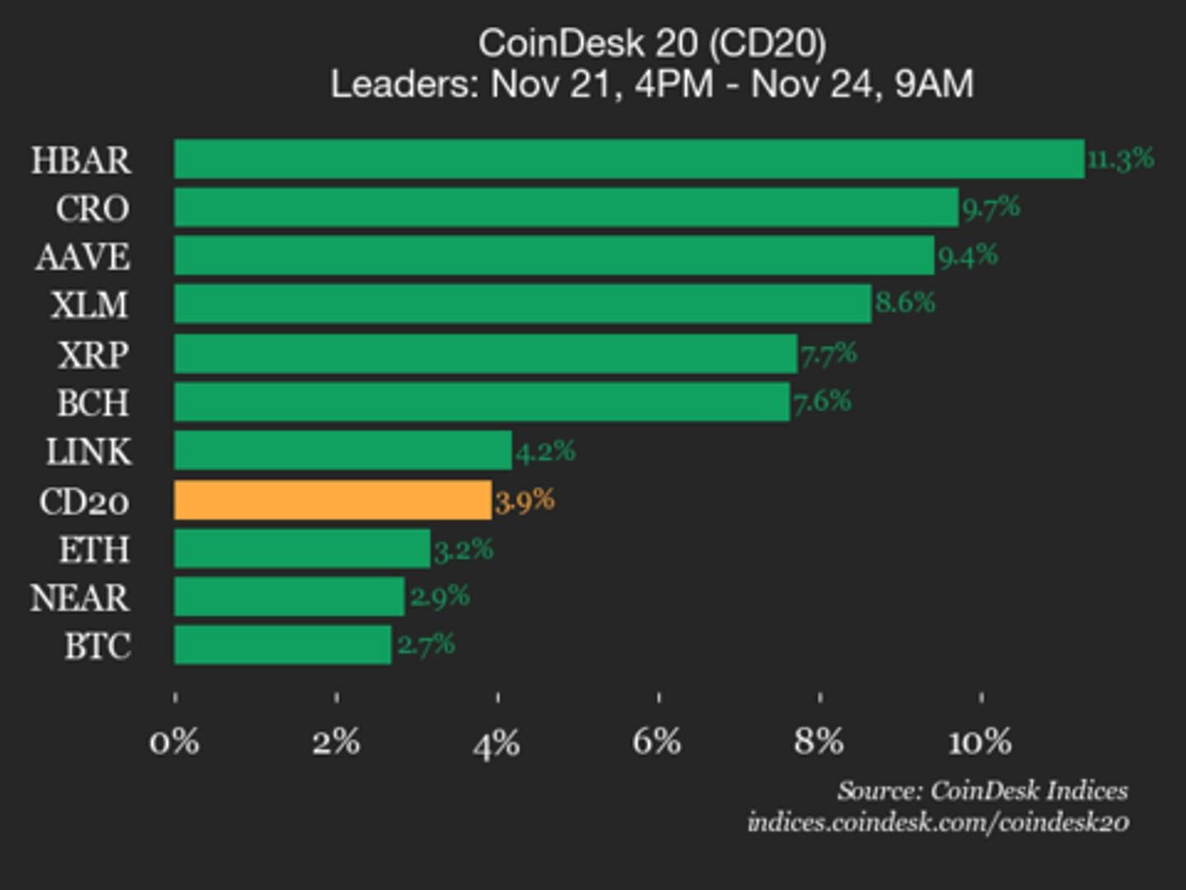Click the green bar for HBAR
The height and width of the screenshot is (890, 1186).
pyautogui.click(x=628, y=159)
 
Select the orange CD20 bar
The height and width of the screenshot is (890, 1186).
pyautogui.click(x=333, y=500)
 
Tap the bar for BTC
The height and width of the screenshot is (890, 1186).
pyautogui.click(x=282, y=645)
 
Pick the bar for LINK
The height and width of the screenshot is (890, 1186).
pyautogui.click(x=343, y=451)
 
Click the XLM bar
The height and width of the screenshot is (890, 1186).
pyautogui.click(x=522, y=304)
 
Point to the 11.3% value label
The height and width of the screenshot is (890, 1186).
pyautogui.click(x=1120, y=158)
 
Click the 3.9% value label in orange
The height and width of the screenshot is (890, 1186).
pyautogui.click(x=525, y=500)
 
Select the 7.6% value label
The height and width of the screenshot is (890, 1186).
pyautogui.click(x=822, y=402)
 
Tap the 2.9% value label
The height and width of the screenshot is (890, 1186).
pyautogui.click(x=440, y=596)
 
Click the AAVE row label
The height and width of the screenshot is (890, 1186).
pyautogui.click(x=82, y=256)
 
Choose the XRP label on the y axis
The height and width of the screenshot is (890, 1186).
pyautogui.click(x=93, y=354)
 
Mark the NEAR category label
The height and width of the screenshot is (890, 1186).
pyautogui.click(x=80, y=597)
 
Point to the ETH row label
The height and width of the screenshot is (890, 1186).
pyautogui.click(x=94, y=549)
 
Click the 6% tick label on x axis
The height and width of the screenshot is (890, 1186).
pyautogui.click(x=656, y=742)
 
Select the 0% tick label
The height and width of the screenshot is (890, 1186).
pyautogui.click(x=174, y=742)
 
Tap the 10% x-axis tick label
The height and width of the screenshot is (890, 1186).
pyautogui.click(x=979, y=742)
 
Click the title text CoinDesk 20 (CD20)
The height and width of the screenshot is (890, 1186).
pyautogui.click(x=651, y=43)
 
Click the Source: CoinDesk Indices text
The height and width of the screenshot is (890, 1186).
pyautogui.click(x=982, y=790)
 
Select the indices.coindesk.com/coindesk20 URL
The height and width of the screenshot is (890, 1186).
pyautogui.click(x=938, y=822)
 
